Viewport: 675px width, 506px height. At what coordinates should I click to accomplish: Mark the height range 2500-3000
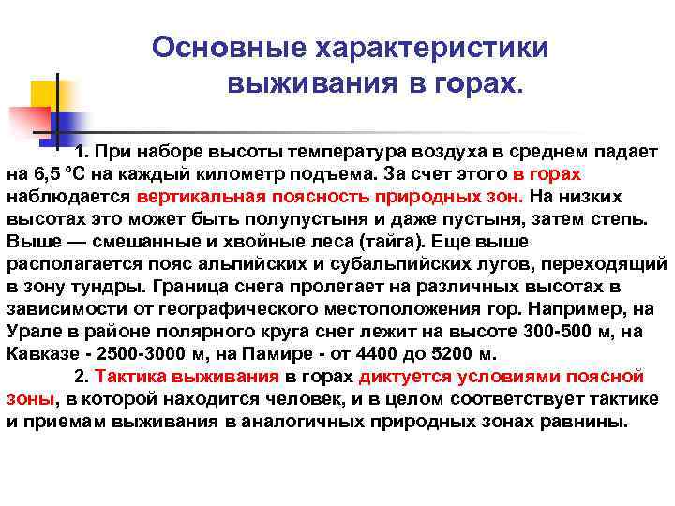[x=142, y=354]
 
